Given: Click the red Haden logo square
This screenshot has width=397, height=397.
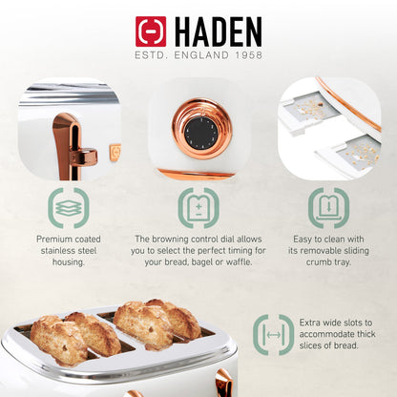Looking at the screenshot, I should pos(151,31).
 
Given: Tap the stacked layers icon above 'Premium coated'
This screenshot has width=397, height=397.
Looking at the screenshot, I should pos(69,208).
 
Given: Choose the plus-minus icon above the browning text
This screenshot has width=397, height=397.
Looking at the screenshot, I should pos(198,208).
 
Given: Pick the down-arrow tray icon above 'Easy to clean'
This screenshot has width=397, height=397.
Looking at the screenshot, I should pos(328,208).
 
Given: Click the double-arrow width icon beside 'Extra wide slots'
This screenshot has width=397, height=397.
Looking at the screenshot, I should pos(274,335).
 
